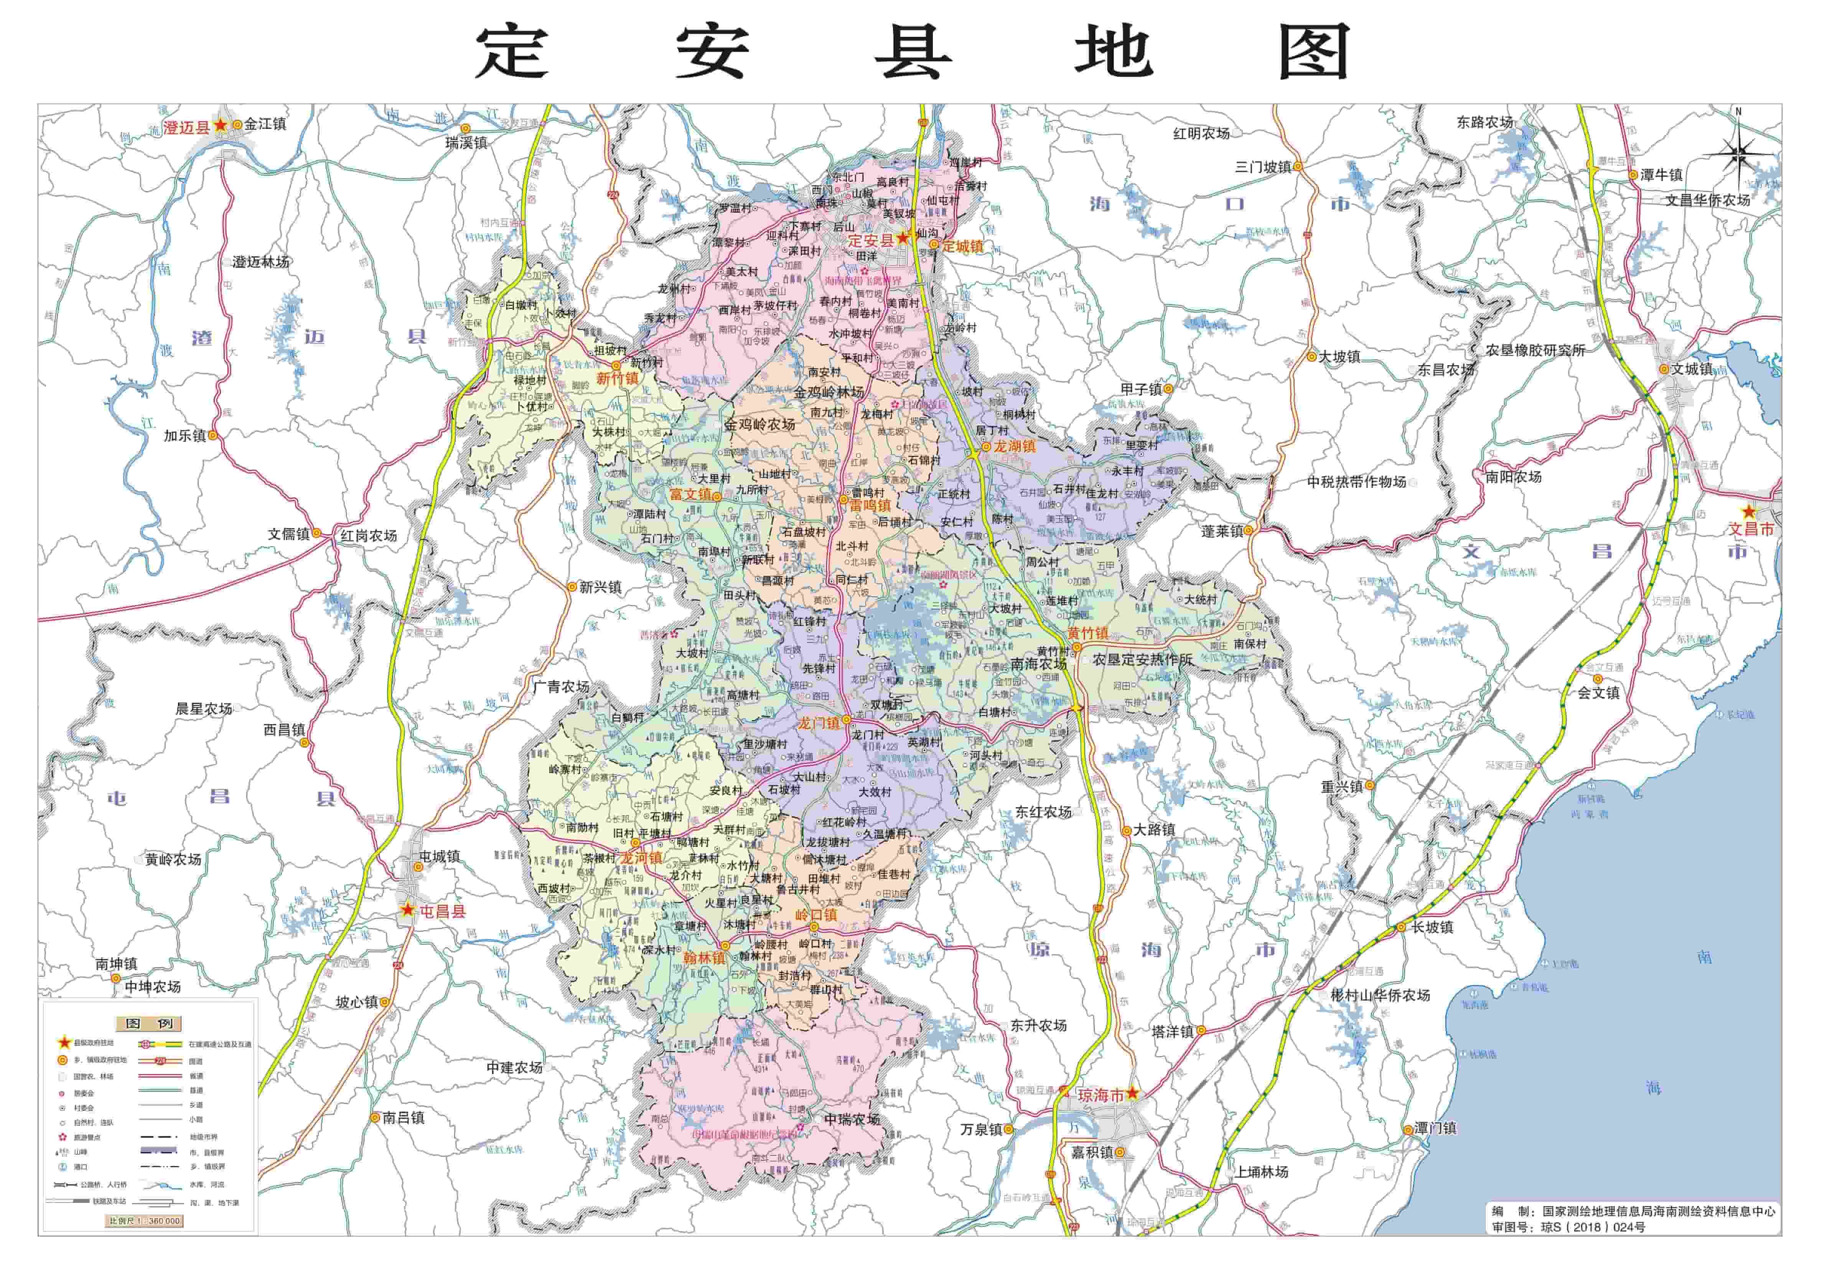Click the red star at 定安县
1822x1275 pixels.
(x=902, y=238)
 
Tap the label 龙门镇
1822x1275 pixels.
(x=818, y=723)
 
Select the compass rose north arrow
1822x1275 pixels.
(x=1738, y=147)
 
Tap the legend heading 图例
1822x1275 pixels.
(x=148, y=1023)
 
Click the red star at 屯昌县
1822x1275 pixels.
(x=407, y=910)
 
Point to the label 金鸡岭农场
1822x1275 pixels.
(x=759, y=425)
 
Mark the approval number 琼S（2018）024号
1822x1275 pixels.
(x=1593, y=1227)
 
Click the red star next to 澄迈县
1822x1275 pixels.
(x=220, y=125)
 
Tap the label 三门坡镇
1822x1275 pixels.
(x=1262, y=166)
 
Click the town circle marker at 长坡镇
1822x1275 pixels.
(x=1402, y=927)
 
